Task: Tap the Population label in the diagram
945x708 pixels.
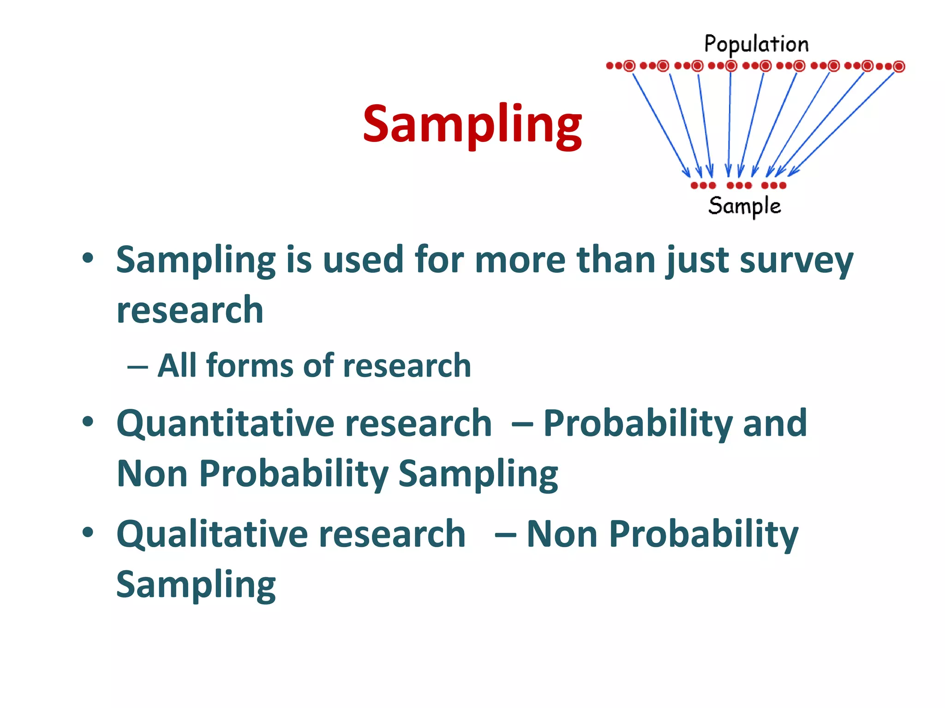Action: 756,44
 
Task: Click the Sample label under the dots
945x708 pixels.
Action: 744,206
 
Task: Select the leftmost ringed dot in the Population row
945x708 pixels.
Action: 629,66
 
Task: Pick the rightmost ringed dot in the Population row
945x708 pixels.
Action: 899,66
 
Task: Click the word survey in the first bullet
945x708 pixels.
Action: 796,260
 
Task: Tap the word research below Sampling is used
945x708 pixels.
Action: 190,310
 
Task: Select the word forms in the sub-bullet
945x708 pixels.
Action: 249,365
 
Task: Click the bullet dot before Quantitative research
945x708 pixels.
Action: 88,421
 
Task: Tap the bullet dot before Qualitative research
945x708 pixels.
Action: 88,533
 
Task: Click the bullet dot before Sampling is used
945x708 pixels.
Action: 88,258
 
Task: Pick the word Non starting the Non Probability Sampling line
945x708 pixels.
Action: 152,473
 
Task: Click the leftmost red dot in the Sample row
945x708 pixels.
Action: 694,185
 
